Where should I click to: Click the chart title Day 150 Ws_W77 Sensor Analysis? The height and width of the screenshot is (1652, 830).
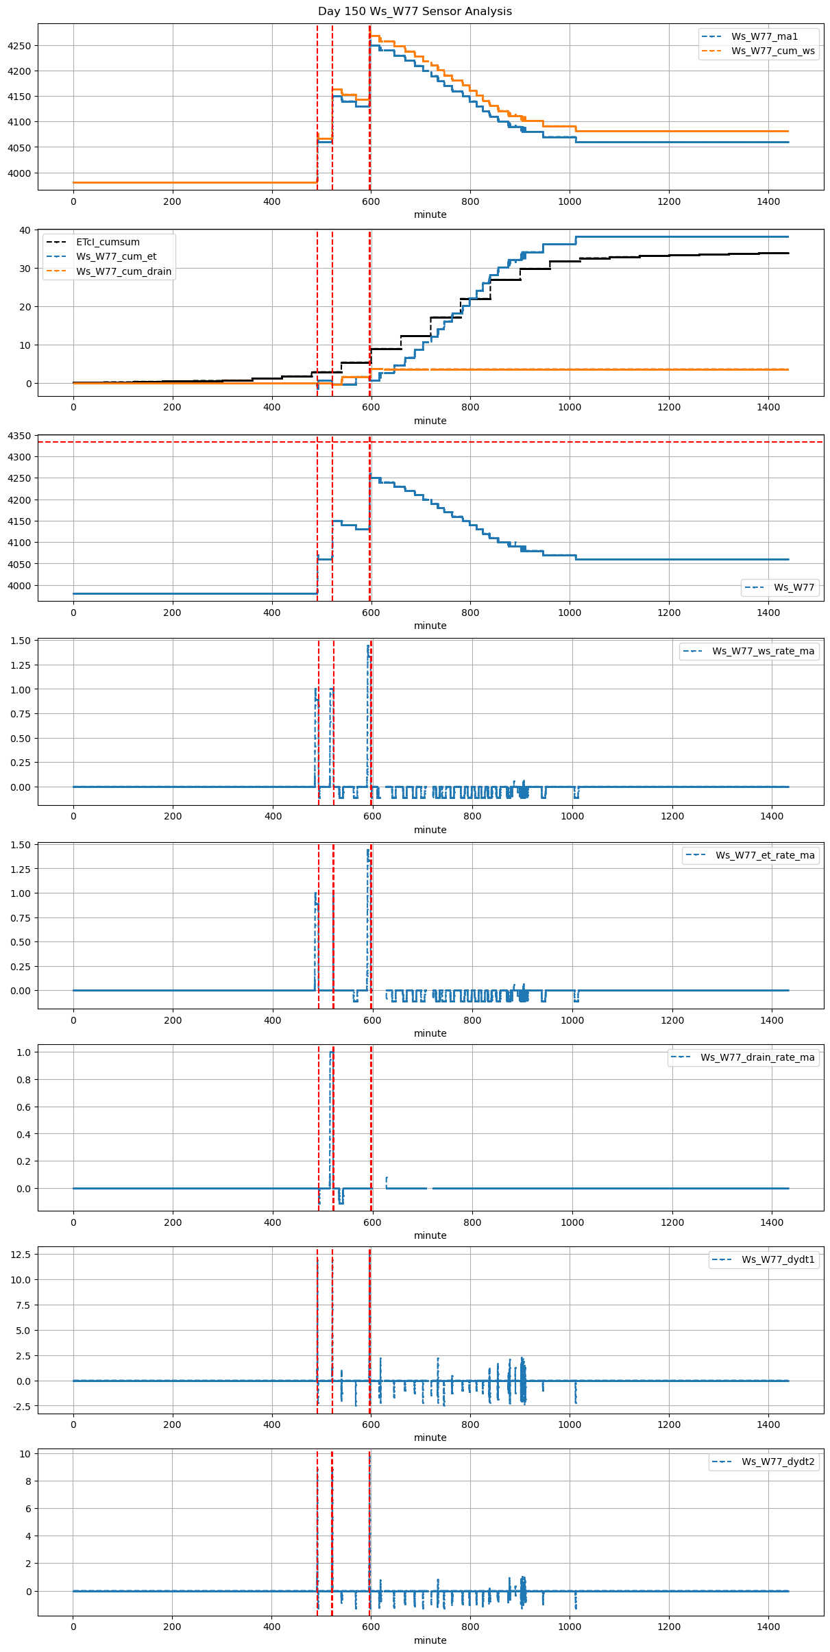click(x=415, y=12)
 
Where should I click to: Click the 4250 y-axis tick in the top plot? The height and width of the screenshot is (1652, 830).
click(x=19, y=46)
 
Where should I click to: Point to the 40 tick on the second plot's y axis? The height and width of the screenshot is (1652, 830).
click(x=25, y=230)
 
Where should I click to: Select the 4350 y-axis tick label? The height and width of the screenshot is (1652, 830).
click(x=19, y=436)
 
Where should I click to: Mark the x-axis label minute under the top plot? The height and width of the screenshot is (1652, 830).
click(x=430, y=214)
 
